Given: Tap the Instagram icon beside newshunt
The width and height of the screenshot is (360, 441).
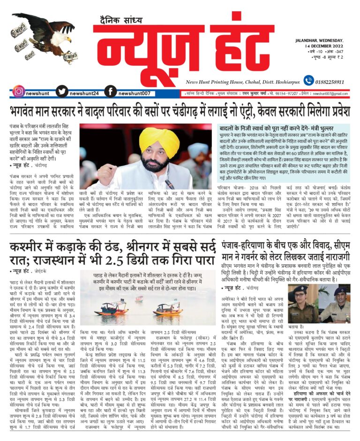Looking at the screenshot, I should [x=18, y=91].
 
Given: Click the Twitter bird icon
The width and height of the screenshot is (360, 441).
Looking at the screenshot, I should [x=62, y=91].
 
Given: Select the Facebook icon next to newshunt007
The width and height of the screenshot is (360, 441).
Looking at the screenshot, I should [x=110, y=91].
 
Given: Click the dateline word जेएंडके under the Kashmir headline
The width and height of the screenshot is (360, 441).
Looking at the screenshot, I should [x=43, y=271].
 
